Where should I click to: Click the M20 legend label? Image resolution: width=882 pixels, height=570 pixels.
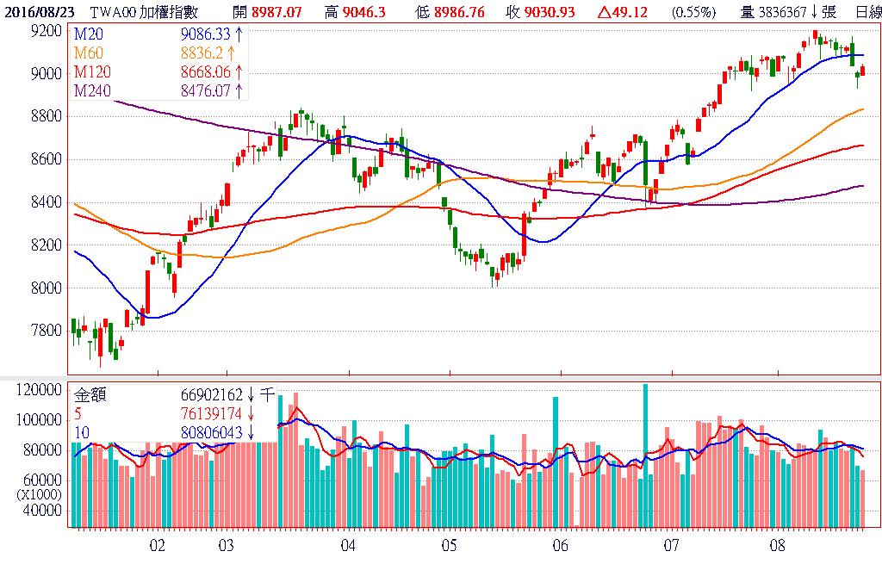[x=89, y=34]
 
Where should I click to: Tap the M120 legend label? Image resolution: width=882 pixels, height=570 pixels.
[x=92, y=71]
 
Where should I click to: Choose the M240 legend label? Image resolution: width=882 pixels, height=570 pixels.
[x=92, y=90]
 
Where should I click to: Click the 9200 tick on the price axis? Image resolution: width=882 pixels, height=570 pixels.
[x=44, y=31]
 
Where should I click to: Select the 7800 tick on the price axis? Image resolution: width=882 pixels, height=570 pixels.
[x=44, y=331]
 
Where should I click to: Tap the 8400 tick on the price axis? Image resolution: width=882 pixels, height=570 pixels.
[x=44, y=202]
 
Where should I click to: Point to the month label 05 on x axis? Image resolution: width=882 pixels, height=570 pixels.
[x=449, y=546]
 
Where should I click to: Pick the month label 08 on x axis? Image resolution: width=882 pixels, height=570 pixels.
[x=778, y=546]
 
